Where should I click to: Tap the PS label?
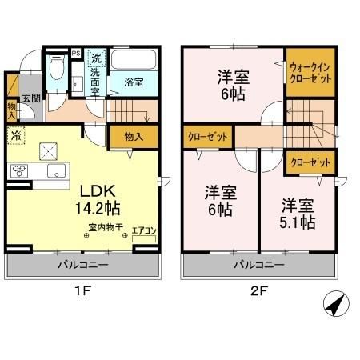[76, 54]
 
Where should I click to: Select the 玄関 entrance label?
[30, 98]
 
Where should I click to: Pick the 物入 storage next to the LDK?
[134, 137]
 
